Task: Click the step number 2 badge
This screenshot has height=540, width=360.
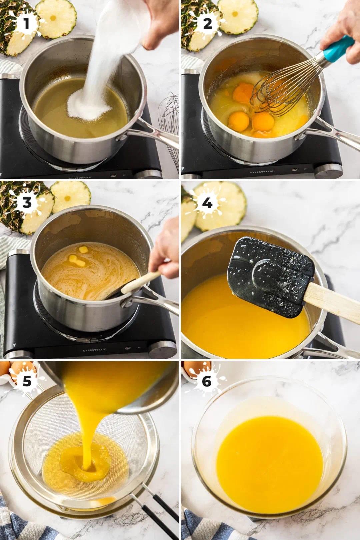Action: click(x=207, y=24)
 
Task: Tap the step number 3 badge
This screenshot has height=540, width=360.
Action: click(x=27, y=203)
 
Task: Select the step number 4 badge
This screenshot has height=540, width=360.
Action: click(x=207, y=203)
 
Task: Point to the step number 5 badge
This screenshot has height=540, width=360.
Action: click(x=27, y=381)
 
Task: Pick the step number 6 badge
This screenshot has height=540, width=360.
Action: click(x=207, y=381)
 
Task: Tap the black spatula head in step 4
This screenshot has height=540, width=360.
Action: click(x=270, y=276)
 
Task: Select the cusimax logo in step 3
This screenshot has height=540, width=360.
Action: click(x=94, y=349)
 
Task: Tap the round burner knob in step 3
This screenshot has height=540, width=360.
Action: click(x=163, y=350)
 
